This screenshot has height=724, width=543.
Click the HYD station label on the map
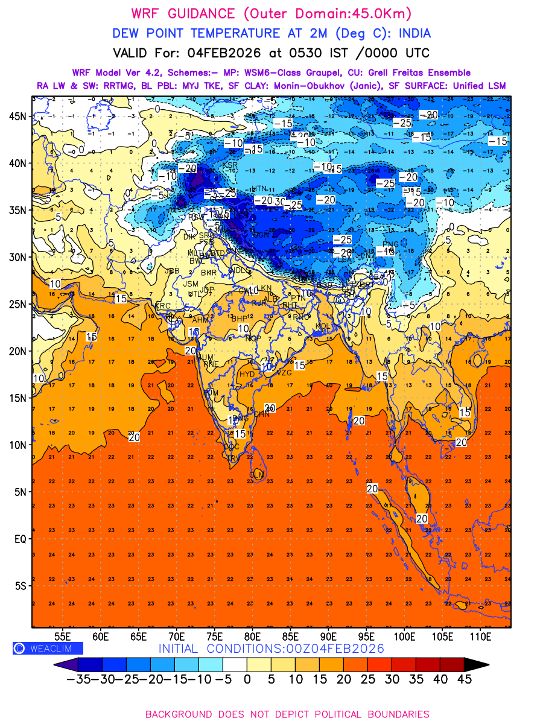(x=247, y=374)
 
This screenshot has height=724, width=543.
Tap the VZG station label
(x=284, y=373)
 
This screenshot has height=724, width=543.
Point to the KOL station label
(x=323, y=326)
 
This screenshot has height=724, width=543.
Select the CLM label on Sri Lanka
(x=256, y=475)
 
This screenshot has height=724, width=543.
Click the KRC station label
(x=163, y=306)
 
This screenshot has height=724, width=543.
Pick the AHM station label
(x=200, y=320)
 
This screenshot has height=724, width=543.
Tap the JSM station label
(x=191, y=284)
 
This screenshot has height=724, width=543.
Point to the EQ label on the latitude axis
(x=21, y=539)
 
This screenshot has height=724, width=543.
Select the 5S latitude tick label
(x=21, y=586)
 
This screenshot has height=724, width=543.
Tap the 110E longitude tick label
(x=481, y=636)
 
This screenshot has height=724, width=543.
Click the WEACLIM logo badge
(x=48, y=648)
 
